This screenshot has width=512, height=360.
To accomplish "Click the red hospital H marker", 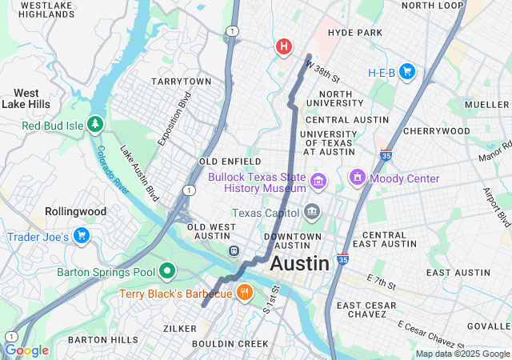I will (283, 46).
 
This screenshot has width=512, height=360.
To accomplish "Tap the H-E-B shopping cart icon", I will (407, 72).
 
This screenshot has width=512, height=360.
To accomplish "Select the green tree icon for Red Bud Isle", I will (95, 125).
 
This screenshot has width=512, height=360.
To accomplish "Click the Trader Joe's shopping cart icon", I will (81, 236).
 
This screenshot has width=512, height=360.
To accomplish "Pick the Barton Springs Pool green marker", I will (167, 272).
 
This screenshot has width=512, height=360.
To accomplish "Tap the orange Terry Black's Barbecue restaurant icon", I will (245, 293).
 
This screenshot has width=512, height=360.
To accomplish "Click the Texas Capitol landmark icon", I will (311, 213).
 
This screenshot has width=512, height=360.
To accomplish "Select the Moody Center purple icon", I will (357, 178).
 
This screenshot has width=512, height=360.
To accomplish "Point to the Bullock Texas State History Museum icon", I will (319, 182).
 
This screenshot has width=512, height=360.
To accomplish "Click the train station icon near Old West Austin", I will (234, 250).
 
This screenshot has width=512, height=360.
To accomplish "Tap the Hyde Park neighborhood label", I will (355, 33).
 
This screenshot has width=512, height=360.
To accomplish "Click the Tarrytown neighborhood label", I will (181, 82).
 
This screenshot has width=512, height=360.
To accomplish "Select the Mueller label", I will (486, 104).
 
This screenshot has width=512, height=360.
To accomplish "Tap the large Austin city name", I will (299, 263).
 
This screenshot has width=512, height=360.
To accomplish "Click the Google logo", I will (26, 350).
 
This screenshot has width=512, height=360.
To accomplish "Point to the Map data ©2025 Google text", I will (462, 354).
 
